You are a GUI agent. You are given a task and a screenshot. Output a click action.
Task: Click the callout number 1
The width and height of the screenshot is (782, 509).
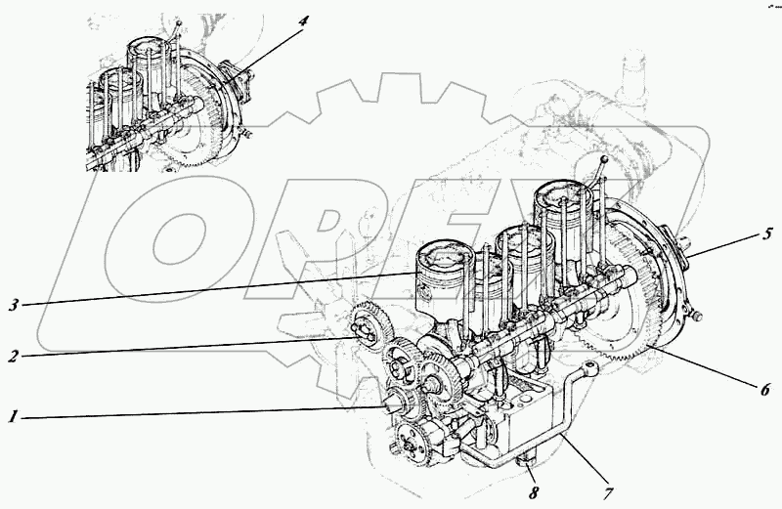[x=13, y=417]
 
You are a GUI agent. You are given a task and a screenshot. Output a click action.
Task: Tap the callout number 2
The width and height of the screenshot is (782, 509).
[x=13, y=356]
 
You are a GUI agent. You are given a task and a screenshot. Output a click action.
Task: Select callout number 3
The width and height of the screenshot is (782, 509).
[x=13, y=304]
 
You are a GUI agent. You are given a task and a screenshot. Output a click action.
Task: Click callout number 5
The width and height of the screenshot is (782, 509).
[x=767, y=233]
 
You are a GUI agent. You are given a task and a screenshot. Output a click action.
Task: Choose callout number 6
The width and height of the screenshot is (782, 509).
[x=765, y=387]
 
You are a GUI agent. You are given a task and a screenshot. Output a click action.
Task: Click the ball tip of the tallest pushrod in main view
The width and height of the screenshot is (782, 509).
[x=605, y=159]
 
